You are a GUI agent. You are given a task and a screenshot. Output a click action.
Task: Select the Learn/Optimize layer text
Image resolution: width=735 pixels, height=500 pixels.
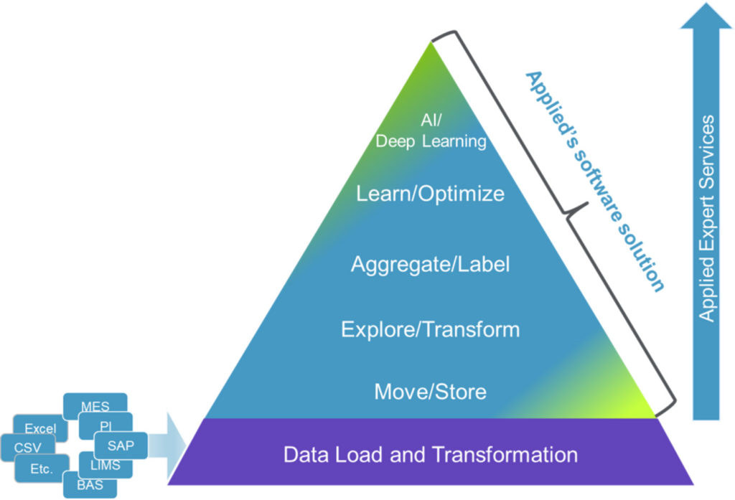(430, 194)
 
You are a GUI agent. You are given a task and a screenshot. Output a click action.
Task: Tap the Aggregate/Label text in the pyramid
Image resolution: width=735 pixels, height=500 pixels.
(430, 265)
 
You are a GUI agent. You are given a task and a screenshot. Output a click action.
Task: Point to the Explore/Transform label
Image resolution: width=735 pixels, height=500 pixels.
(430, 329)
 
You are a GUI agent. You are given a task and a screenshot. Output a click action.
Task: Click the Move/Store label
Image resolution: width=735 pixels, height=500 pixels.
(430, 392)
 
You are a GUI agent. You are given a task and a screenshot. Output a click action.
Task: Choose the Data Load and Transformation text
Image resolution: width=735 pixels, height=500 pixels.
(430, 455)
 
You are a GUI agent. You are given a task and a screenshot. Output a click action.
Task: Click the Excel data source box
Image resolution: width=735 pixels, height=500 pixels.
(39, 428)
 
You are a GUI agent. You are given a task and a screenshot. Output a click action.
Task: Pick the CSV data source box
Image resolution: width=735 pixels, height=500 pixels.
(27, 448)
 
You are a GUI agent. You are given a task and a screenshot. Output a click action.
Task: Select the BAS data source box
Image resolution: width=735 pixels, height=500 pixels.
(89, 486)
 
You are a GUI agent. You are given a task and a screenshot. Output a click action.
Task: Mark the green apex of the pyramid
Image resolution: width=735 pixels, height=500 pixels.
(430, 54)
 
